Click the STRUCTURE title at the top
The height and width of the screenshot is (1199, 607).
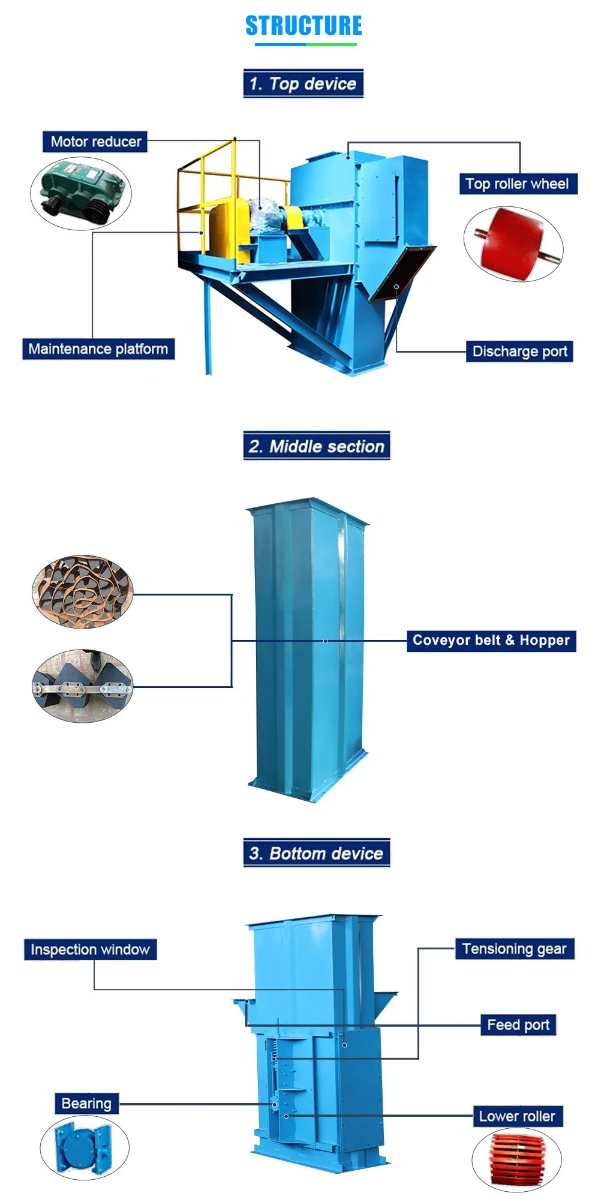[303, 26]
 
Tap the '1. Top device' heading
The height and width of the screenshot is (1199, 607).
[303, 83]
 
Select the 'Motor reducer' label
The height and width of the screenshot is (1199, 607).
[95, 142]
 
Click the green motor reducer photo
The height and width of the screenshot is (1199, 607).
[81, 193]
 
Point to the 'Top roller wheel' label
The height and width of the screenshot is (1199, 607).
[517, 184]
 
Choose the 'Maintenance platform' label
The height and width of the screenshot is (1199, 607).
[98, 348]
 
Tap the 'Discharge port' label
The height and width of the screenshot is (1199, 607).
[519, 351]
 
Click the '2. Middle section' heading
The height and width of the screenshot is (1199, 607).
[316, 446]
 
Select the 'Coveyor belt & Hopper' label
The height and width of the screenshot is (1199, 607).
[491, 640]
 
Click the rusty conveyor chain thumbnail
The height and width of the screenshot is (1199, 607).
[83, 591]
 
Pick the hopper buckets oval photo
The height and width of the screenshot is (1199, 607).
[83, 686]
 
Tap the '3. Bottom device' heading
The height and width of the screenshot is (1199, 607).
[316, 853]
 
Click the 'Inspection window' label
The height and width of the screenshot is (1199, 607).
[90, 949]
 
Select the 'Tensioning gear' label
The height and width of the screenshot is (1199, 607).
[514, 948]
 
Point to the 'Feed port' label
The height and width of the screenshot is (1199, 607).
[518, 1024]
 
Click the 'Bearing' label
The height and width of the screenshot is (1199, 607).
[86, 1103]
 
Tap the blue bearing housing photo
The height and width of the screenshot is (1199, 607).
[85, 1147]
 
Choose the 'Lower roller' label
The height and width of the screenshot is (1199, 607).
[517, 1116]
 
